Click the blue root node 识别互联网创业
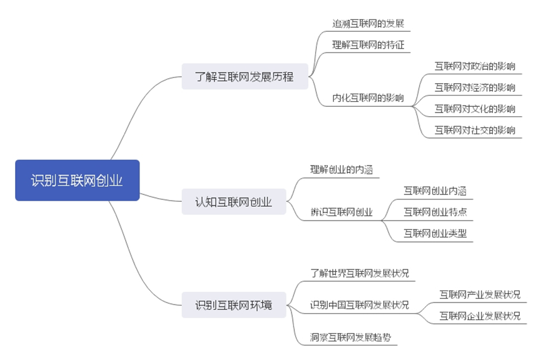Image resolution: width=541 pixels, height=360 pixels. (77, 181)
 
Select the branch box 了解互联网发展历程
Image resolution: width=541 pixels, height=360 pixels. (245, 77)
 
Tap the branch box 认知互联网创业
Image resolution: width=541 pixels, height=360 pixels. (233, 202)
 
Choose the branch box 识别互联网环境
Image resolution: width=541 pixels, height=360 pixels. (233, 306)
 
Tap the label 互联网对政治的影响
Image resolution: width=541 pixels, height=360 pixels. (475, 66)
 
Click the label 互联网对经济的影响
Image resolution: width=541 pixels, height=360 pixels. (475, 87)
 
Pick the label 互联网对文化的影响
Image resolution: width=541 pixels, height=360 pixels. (475, 109)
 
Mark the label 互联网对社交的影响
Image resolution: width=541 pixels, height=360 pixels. (475, 130)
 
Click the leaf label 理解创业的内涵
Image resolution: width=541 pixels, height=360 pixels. (342, 169)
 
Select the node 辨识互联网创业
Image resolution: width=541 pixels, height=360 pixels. (341, 212)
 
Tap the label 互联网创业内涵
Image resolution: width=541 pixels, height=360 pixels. (435, 191)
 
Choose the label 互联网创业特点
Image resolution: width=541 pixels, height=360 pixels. (435, 212)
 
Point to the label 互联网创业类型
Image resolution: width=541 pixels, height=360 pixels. (435, 234)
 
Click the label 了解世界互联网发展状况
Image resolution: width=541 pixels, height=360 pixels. (360, 273)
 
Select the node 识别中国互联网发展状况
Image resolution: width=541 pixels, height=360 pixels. (360, 306)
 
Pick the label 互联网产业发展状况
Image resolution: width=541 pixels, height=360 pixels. (480, 294)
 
